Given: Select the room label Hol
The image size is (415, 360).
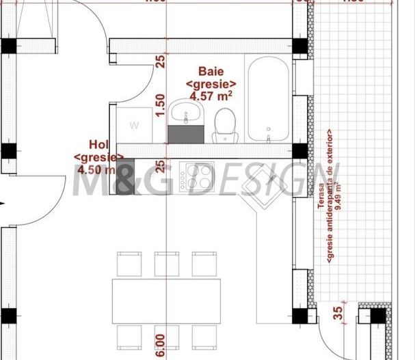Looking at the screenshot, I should point(98,144).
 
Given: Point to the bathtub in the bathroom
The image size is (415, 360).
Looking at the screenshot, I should point(269,100).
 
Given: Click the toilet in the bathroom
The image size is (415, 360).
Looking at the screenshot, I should point(224,126).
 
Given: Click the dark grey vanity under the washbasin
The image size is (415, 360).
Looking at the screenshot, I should point(185,134).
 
